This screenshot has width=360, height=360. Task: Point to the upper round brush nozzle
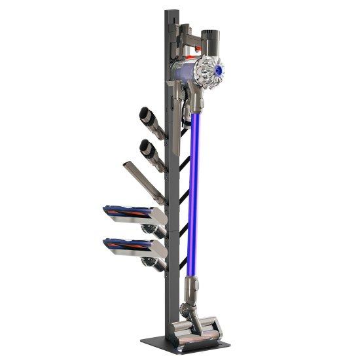pos(152,121)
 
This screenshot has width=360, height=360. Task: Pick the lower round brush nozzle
pos(153,152)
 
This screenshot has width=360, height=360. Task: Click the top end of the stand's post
pos(172,13)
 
